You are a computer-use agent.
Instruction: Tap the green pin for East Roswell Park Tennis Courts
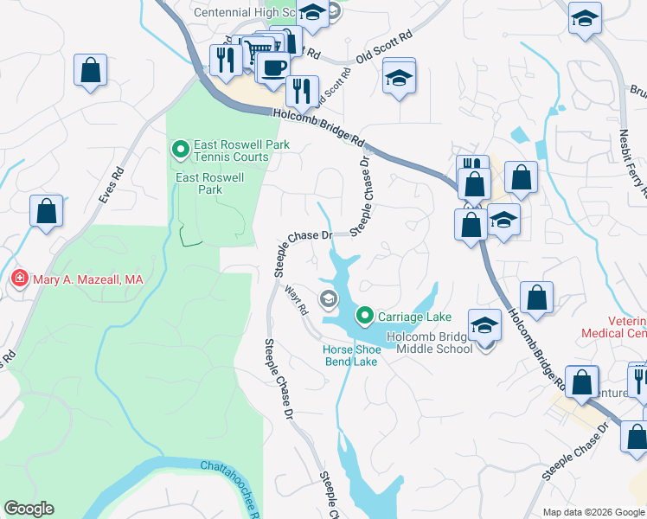pos(181,151)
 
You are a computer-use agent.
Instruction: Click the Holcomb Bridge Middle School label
pos(429,343)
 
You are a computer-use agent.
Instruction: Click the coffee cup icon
pos(273,67)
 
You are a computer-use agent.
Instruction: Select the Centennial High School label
pos(246,13)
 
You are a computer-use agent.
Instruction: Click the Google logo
pos(29,509)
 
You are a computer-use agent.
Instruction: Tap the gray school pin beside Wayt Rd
pos(328,300)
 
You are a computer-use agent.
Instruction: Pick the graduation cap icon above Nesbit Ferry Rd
pos(585,18)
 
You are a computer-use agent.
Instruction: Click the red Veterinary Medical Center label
pos(626,327)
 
